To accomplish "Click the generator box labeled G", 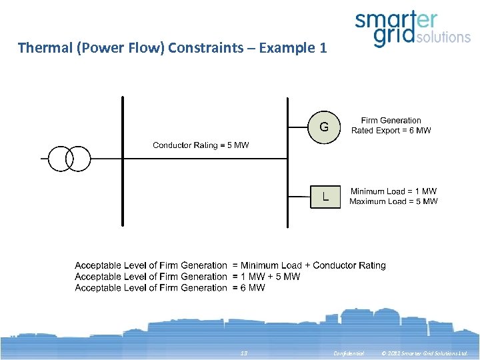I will coord(324,126).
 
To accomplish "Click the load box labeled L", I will coord(325,197).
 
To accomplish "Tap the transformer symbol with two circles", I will coord(69,159).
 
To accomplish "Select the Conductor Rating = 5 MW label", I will coord(201,145).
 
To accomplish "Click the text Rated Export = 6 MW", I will coord(391,131).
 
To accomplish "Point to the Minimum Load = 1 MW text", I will coord(393,191).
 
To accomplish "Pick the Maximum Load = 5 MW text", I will coord(393,201).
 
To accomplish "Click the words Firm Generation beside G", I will coord(391,121).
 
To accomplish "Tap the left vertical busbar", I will coord(123,160).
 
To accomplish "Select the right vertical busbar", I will coord(287,160).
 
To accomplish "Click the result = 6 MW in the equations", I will coord(249,288).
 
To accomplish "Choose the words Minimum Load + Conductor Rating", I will coord(313,265).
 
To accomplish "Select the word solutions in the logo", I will coord(443,37).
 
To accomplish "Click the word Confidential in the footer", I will coord(349,353).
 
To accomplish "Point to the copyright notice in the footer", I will coord(424,353).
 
